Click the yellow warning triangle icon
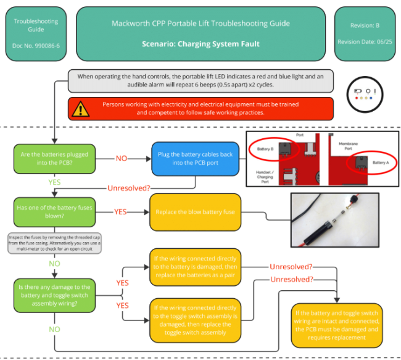tap(80, 109)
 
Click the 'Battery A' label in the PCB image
tap(381, 162)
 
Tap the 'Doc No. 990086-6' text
tap(36, 46)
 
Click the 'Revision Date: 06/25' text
tap(365, 41)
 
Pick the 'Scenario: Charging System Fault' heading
tap(200, 44)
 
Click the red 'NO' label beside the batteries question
tap(122, 158)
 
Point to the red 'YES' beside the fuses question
tap(120, 211)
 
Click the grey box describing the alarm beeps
tap(200, 80)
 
